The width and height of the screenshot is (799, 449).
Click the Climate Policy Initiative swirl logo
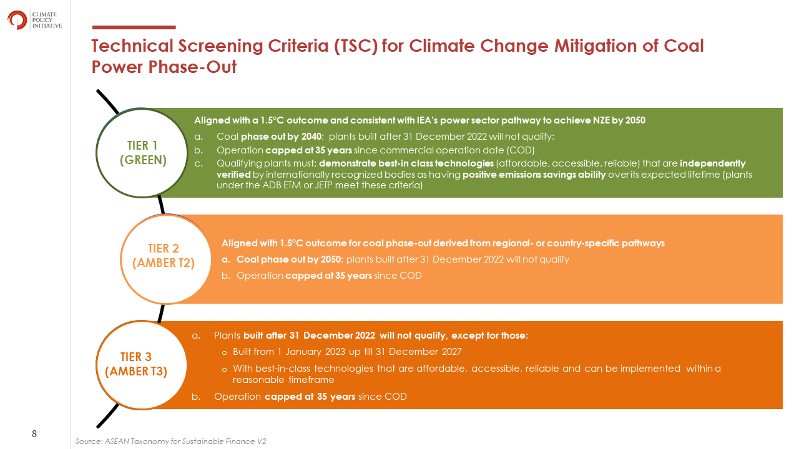pos(17,20)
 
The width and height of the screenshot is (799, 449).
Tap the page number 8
pos(34,433)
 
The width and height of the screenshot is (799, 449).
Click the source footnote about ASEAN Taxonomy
pos(171,441)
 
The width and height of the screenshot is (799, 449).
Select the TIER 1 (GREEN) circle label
pos(143,153)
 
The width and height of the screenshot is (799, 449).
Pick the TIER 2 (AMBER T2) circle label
pos(164,256)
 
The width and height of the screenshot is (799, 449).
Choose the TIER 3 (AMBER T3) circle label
pos(136,364)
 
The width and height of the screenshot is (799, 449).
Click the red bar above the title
pos(134,27)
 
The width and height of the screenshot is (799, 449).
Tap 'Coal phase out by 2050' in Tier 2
pos(289,259)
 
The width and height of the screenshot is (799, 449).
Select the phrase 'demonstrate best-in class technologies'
pos(406,163)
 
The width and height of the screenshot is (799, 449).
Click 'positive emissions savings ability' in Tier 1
pos(534,175)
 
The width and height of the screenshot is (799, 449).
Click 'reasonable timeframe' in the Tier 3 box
pos(283,380)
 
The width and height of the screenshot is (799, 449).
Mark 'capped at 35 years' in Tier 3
pos(310,397)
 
